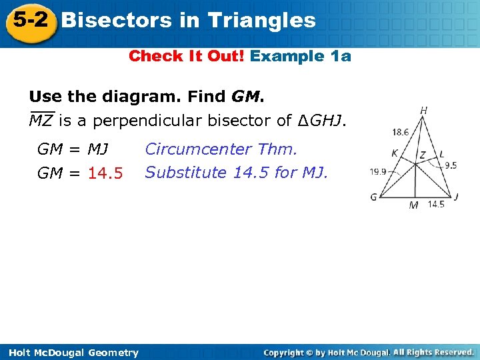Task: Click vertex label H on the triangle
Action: point(424,110)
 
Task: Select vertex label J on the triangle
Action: point(456,196)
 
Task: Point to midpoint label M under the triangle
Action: point(414,205)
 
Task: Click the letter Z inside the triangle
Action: point(421,155)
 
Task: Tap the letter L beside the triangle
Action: point(441,155)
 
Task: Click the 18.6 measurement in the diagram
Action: point(401,133)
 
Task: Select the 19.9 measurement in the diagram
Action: point(379,171)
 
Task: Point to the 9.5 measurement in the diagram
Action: point(451,165)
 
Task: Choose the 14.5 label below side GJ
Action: point(436,205)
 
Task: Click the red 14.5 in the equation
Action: point(105,173)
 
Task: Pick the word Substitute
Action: point(186,173)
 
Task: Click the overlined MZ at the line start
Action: point(41,121)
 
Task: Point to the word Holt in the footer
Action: point(19,353)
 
